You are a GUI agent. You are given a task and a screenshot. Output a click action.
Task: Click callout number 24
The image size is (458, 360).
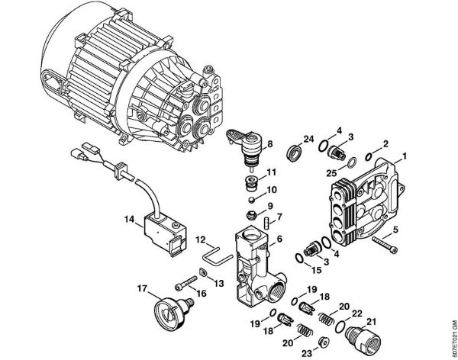point(308,139)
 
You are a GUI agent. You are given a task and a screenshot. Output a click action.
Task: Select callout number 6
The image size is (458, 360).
point(279,239)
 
